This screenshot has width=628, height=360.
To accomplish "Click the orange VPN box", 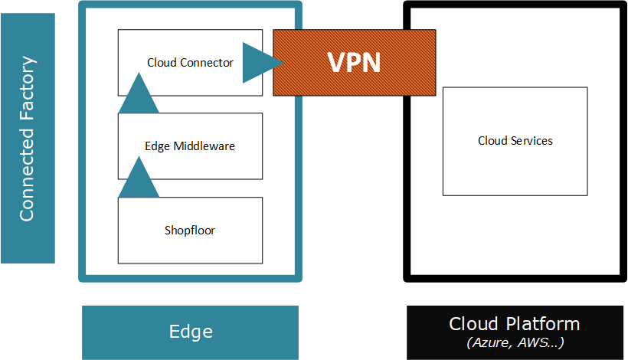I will (x=355, y=62).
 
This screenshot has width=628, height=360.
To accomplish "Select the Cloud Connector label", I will (x=190, y=63).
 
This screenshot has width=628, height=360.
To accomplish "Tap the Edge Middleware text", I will (x=190, y=146).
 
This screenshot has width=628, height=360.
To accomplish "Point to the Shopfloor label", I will (x=190, y=230).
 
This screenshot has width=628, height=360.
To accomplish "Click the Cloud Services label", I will (x=515, y=141).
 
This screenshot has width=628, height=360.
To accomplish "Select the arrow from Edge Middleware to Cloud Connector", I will (x=139, y=93).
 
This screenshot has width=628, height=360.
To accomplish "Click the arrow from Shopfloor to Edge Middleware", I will (x=139, y=178).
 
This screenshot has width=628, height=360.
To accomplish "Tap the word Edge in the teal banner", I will (x=191, y=332).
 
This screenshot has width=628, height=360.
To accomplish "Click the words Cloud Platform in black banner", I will (x=514, y=324).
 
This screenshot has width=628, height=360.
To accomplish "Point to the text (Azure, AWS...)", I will (x=514, y=342).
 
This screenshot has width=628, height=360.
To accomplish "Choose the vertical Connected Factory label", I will (x=28, y=138).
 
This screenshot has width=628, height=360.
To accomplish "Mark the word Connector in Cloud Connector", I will (x=208, y=63).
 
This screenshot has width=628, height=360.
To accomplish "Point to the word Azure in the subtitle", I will (x=489, y=342).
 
